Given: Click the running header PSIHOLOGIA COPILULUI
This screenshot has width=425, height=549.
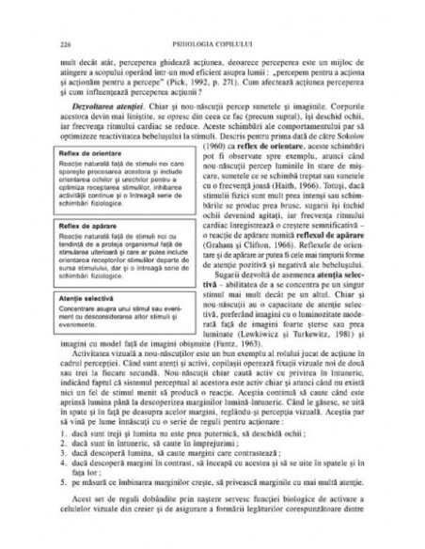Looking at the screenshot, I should click(x=212, y=43).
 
